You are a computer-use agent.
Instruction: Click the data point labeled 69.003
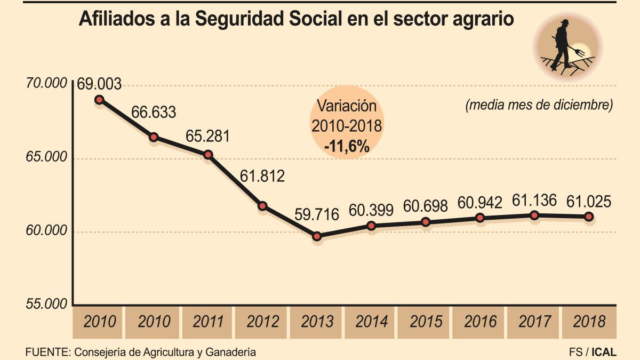point(99,100)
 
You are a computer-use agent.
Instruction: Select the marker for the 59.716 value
point(317,236)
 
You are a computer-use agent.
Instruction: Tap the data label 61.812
point(262,175)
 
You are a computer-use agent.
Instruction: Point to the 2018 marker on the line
point(589,217)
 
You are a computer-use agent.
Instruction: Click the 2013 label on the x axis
point(317,322)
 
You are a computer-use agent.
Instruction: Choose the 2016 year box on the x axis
point(481,322)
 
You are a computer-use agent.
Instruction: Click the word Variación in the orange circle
point(347,106)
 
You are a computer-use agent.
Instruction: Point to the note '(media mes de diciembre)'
point(539,105)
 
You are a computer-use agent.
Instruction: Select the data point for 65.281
point(208,155)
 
